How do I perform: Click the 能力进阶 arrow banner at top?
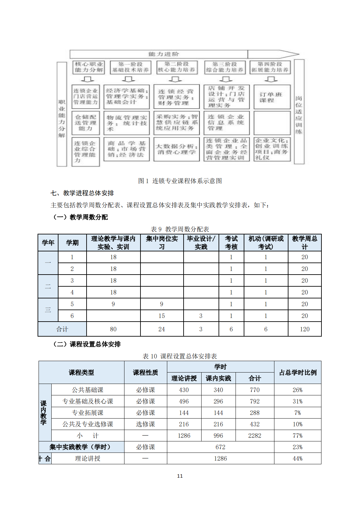(163, 54)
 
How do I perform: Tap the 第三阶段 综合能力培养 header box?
(225, 67)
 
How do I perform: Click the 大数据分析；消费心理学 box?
(176, 150)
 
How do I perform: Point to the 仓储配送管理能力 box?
(86, 123)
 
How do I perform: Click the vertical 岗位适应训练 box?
(299, 112)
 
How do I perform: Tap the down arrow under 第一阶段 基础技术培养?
(128, 79)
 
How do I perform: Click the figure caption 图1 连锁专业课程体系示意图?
(180, 181)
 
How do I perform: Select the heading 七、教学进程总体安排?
(82, 193)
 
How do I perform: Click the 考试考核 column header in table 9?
(231, 243)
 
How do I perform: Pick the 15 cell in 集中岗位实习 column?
(162, 316)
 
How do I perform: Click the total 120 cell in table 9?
(304, 329)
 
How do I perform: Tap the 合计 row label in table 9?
(62, 329)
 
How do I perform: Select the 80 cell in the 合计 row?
(113, 329)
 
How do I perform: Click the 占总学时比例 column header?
(298, 373)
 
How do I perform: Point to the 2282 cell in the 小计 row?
(255, 436)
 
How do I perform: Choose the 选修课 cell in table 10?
(145, 424)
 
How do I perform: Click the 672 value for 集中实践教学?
(221, 447)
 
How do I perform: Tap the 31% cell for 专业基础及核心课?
(298, 401)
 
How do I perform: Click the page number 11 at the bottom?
(180, 476)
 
